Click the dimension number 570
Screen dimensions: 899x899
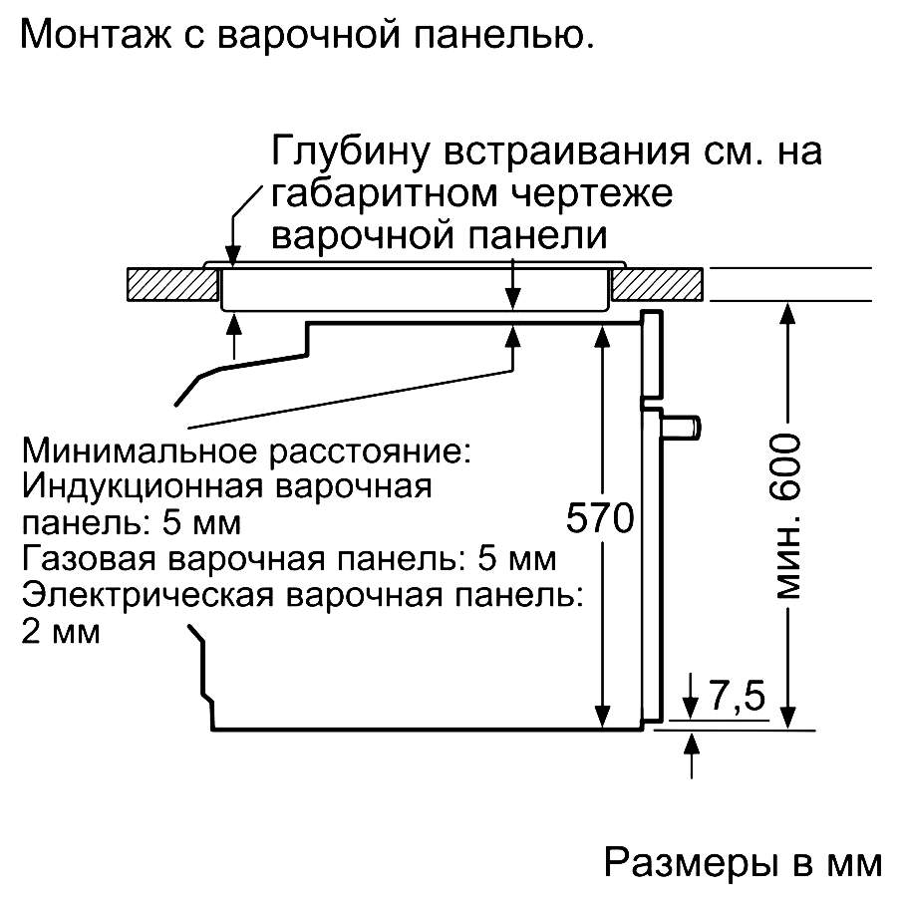pyautogui.click(x=600, y=517)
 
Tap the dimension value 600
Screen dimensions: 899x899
pyautogui.click(x=785, y=466)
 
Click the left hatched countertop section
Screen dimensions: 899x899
pyautogui.click(x=172, y=284)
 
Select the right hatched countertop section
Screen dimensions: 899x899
pyautogui.click(x=657, y=284)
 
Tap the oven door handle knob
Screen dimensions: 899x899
pyautogui.click(x=682, y=427)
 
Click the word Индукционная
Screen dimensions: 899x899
pyautogui.click(x=142, y=487)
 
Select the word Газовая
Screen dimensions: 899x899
pyautogui.click(x=89, y=558)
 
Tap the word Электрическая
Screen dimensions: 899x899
pyautogui.click(x=148, y=595)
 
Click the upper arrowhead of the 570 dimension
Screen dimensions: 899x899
pyautogui.click(x=602, y=336)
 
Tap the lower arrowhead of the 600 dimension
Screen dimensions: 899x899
pyautogui.click(x=789, y=718)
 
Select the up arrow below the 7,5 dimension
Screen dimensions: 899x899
pyautogui.click(x=692, y=754)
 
